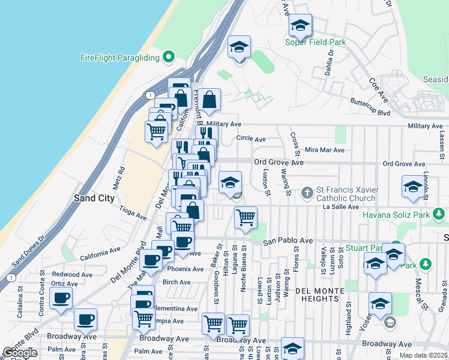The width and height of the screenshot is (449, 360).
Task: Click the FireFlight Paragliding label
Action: click(x=119, y=58)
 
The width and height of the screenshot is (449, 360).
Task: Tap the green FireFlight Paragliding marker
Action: click(x=169, y=58)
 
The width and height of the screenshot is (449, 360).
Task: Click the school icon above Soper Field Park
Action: click(x=300, y=26)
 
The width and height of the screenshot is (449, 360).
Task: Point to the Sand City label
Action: click(x=94, y=197)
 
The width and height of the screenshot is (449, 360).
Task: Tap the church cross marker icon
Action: click(x=307, y=193)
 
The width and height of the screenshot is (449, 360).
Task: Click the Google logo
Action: click(x=20, y=353)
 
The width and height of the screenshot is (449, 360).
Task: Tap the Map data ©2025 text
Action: click(x=424, y=355)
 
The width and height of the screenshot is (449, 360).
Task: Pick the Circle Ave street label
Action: click(x=251, y=139)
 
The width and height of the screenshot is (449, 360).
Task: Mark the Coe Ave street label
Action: click(x=380, y=91)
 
